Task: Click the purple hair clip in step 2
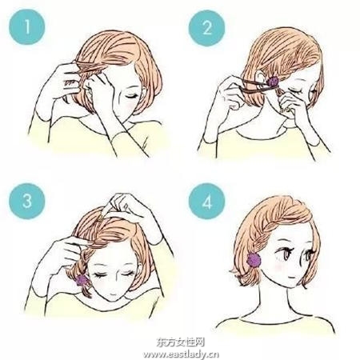point(272,81)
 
